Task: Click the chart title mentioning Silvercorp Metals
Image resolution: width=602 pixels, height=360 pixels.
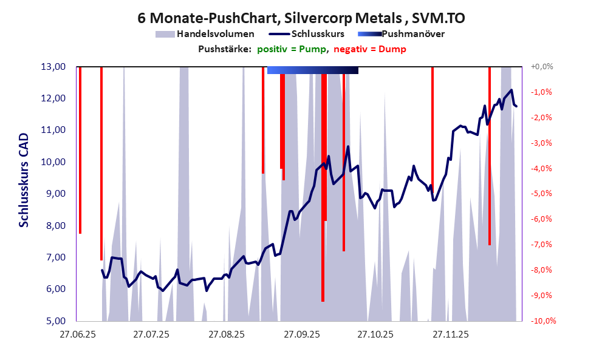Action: [x=301, y=18]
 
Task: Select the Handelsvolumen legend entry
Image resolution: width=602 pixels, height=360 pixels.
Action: [x=205, y=34]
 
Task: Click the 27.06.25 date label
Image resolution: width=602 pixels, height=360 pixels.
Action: [x=77, y=334]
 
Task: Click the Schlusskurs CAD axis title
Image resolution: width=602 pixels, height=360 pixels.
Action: [x=24, y=180]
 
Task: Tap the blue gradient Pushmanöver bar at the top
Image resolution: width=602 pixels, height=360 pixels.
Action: [x=312, y=70]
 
